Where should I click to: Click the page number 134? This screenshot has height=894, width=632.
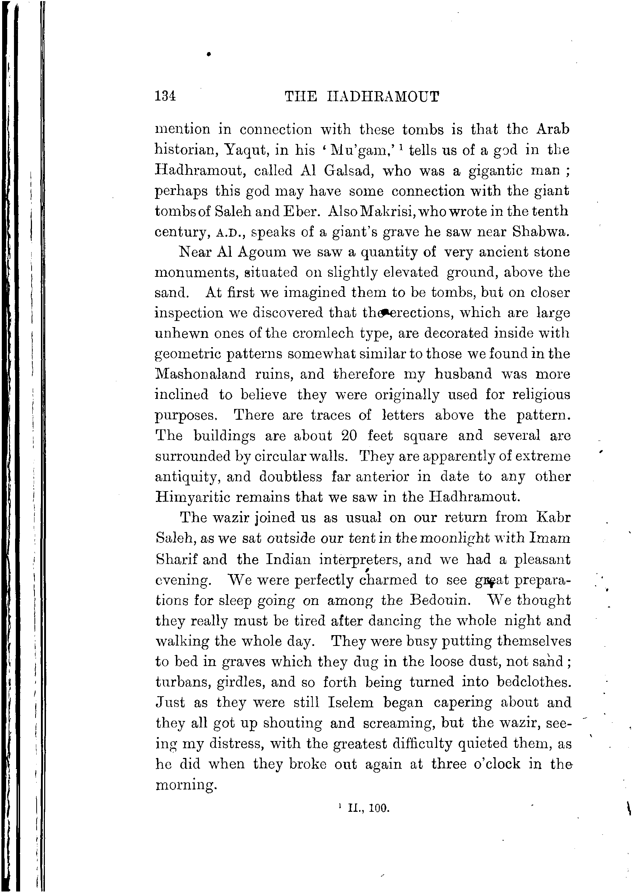click(165, 96)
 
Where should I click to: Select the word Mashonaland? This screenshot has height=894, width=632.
click(200, 374)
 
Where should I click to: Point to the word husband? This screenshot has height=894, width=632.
click(463, 374)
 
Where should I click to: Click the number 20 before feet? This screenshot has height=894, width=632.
click(349, 435)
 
